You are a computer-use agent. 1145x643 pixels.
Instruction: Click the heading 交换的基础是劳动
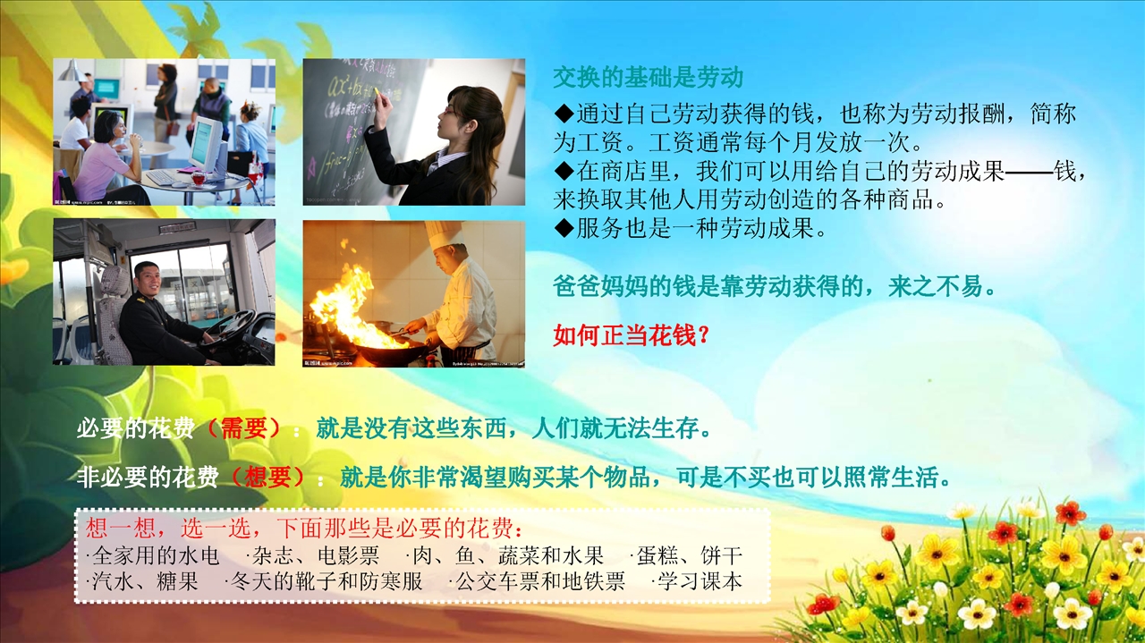pos(648,78)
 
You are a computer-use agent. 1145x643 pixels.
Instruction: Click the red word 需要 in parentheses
pos(244,427)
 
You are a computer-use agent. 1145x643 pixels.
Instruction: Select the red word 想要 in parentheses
pos(267,478)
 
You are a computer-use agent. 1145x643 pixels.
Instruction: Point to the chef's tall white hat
pos(443,234)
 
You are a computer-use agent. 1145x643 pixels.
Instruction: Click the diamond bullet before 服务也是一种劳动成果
pos(564,228)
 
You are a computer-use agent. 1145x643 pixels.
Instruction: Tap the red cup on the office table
pos(199,178)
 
